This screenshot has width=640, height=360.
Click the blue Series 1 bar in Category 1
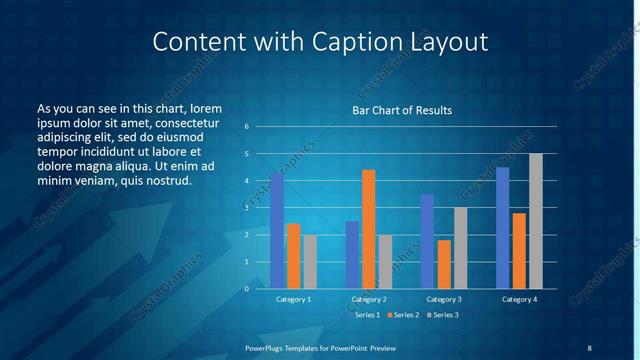point(277,231)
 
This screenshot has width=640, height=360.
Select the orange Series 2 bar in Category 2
point(369,229)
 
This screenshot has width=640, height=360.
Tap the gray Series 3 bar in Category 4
point(536,221)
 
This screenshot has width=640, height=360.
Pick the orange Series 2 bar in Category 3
point(444,264)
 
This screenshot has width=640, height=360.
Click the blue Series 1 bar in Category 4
point(502,228)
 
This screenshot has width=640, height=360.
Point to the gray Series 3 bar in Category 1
point(310,262)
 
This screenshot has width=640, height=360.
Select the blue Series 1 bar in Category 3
point(427,241)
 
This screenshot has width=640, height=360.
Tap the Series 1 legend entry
point(364,315)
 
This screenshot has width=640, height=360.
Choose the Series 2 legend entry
point(402,315)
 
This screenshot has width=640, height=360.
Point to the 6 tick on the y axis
point(246,127)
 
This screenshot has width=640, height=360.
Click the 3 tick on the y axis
point(246,208)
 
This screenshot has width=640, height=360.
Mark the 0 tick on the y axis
point(246,289)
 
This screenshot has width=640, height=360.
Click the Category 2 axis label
point(369,299)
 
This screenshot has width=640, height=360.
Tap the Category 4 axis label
point(519,299)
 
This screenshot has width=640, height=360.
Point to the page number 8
point(589,347)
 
